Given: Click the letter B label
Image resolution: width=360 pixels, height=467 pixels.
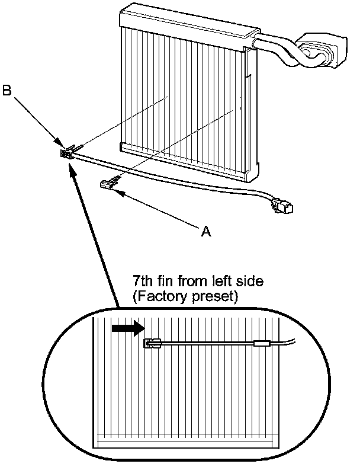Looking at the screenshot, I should point(7,92).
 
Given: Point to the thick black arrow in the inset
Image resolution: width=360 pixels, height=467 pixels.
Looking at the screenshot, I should point(127,328).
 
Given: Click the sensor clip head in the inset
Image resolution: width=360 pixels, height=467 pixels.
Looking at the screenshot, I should point(152,343).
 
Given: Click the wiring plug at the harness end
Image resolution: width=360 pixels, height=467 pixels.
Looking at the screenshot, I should point(281,207).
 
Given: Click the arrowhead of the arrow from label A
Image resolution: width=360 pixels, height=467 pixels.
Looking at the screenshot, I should point(121,192).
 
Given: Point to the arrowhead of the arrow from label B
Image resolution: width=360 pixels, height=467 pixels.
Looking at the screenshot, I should point(61,144).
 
